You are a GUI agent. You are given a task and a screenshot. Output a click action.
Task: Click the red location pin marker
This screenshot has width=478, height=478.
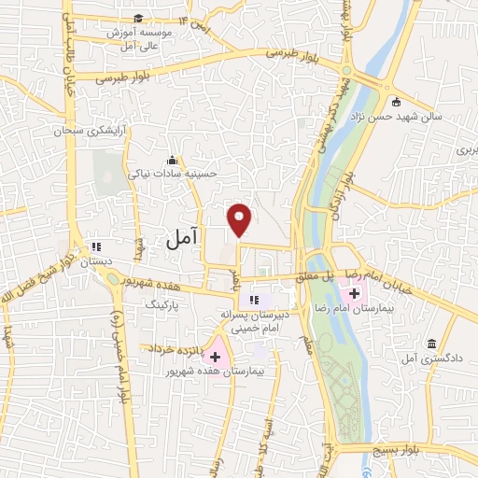(240, 218)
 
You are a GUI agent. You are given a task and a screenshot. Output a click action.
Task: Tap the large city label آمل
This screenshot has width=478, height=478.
(183, 239)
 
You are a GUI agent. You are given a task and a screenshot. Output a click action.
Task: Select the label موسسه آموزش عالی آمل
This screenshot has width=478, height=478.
(136, 38)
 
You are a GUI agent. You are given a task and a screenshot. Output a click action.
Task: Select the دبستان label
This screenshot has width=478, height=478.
(94, 263)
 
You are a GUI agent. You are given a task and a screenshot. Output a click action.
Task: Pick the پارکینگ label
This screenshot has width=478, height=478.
(162, 304)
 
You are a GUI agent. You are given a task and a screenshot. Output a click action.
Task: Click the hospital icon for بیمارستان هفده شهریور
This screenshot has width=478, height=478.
(216, 356)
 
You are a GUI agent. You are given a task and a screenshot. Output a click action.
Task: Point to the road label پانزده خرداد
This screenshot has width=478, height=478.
(171, 348)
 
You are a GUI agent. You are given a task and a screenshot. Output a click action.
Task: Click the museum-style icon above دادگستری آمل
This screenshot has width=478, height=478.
(431, 343)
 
